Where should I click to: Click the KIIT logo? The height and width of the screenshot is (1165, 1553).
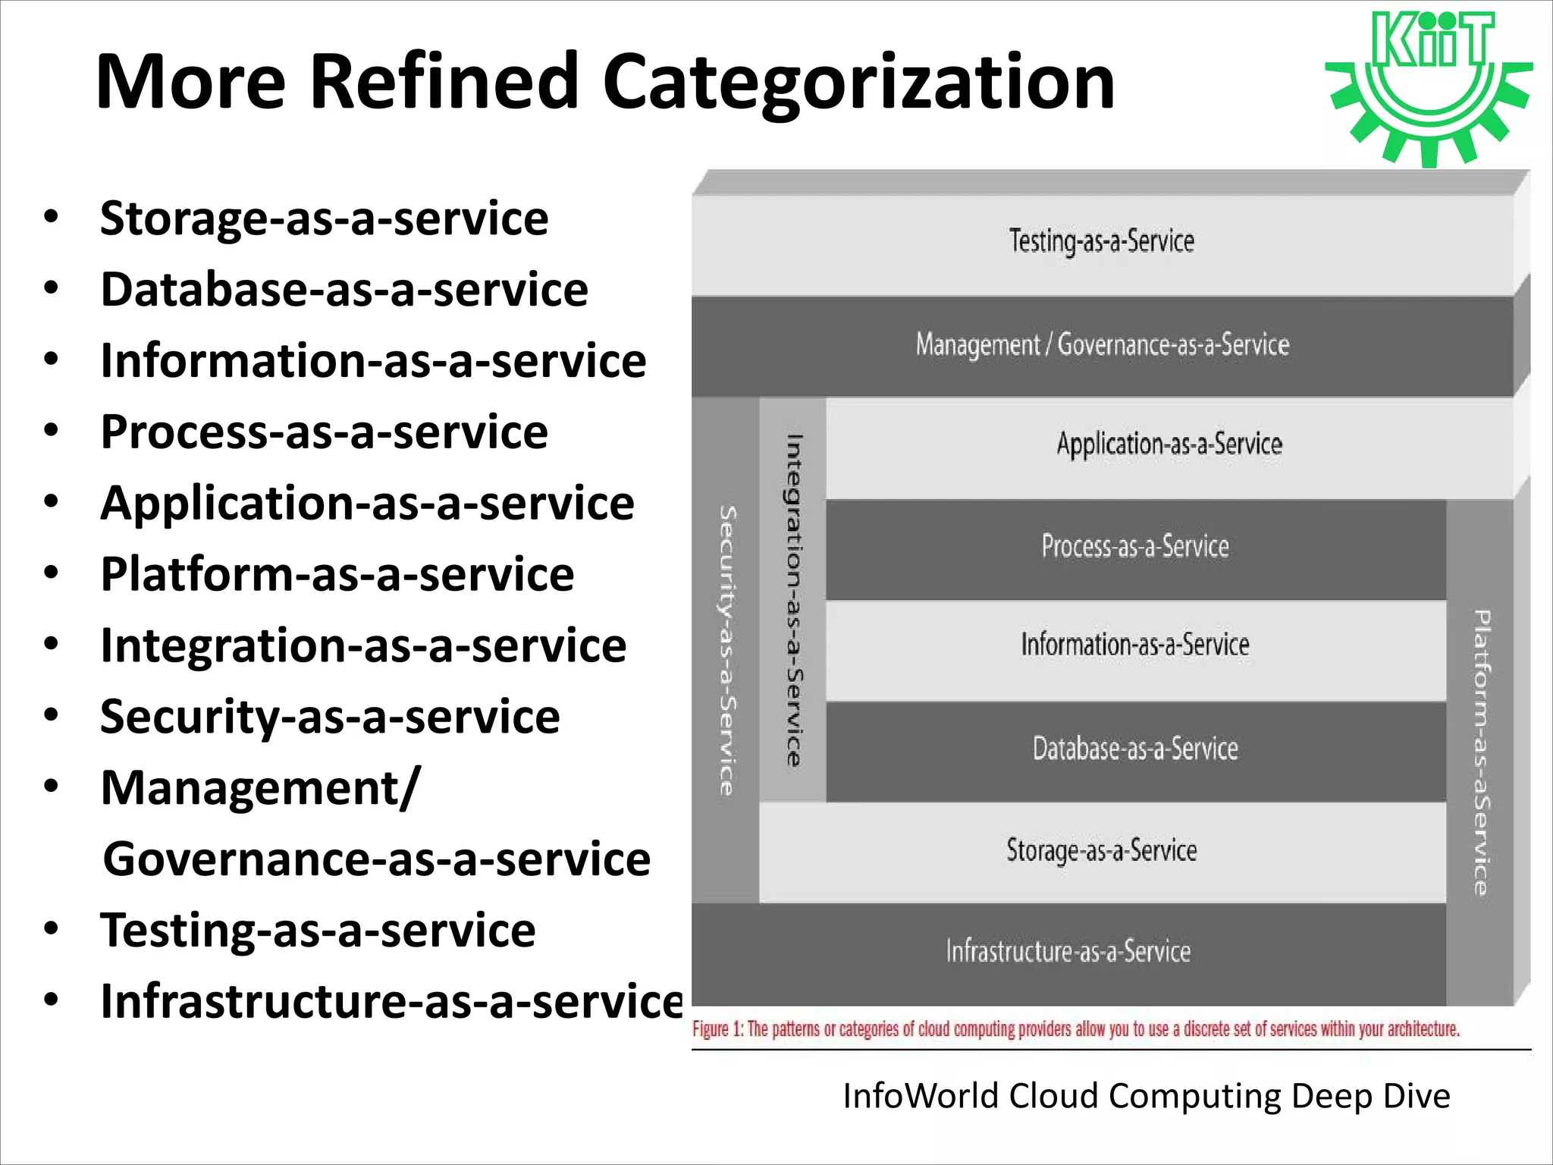click(x=1430, y=87)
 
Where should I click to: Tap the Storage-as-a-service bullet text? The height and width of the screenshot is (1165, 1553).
click(x=324, y=219)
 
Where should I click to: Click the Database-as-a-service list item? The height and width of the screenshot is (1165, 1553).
click(x=344, y=290)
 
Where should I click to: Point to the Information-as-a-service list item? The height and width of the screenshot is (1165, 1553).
click(x=373, y=361)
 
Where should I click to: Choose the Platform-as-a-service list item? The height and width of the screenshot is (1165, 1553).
click(x=337, y=575)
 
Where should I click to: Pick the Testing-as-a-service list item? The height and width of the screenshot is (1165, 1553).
click(x=318, y=931)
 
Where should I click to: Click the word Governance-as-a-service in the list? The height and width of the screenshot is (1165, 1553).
click(x=377, y=859)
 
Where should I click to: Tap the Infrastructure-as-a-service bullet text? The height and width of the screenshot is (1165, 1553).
click(x=392, y=1002)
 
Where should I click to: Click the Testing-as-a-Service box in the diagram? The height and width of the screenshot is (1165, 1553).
click(x=1101, y=242)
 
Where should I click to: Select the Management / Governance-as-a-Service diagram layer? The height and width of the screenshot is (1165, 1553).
click(x=1102, y=345)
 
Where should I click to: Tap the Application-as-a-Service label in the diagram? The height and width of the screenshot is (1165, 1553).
click(x=1169, y=444)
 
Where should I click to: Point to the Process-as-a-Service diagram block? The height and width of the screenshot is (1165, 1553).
click(x=1134, y=547)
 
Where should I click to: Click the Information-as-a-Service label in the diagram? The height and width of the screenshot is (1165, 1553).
click(x=1134, y=645)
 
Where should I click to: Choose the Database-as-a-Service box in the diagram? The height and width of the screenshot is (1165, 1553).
click(x=1134, y=749)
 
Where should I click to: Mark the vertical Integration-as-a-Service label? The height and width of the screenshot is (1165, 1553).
click(x=793, y=599)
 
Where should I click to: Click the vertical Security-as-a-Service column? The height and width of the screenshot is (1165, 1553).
click(x=726, y=650)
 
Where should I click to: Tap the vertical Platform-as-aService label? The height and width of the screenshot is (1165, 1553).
click(x=1481, y=751)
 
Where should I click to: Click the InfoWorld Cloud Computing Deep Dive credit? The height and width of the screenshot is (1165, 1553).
click(x=1147, y=1097)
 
